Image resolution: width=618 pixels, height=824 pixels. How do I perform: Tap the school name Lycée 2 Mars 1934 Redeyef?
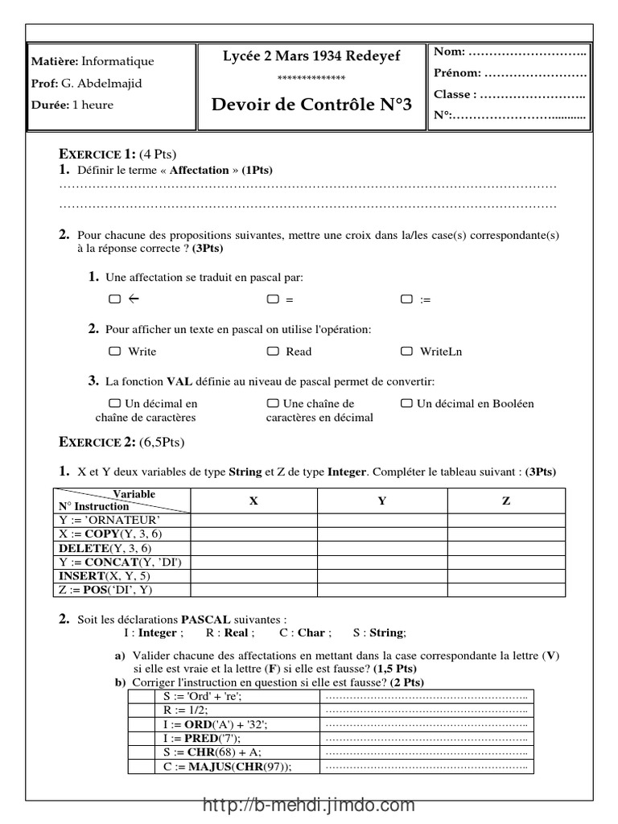click(x=311, y=56)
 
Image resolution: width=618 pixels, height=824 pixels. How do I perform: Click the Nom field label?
click(x=449, y=51)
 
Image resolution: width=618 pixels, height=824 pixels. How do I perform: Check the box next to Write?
click(x=114, y=351)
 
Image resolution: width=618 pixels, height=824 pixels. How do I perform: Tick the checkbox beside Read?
click(x=274, y=351)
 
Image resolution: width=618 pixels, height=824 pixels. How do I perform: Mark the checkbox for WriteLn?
click(x=407, y=351)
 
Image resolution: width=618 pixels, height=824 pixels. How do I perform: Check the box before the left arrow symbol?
click(x=114, y=299)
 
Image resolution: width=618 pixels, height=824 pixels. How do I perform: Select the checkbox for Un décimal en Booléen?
click(x=406, y=403)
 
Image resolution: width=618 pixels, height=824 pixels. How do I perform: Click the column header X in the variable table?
click(x=253, y=501)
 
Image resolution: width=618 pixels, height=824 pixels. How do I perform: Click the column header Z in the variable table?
click(x=506, y=501)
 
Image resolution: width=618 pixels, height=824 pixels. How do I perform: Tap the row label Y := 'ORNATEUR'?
click(x=104, y=520)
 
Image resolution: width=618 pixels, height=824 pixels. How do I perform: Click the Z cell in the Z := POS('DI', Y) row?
click(x=506, y=590)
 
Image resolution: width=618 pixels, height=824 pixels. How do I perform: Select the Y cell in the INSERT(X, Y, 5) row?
click(x=382, y=576)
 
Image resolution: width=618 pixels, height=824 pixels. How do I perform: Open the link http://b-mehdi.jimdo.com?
click(x=309, y=805)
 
